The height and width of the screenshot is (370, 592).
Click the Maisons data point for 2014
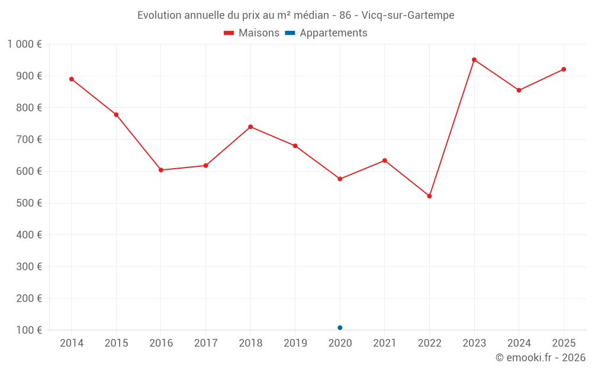(x=72, y=79)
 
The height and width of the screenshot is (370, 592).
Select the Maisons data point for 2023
(x=474, y=60)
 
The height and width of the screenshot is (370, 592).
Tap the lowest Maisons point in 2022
(x=429, y=196)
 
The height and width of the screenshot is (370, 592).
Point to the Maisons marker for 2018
(x=250, y=127)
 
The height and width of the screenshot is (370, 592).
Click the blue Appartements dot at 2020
(x=340, y=327)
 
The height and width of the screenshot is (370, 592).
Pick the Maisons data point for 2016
(x=161, y=170)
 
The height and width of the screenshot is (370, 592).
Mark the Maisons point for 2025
(x=564, y=69)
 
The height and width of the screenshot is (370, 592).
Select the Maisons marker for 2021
(x=385, y=160)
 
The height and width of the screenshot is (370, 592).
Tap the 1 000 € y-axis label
(x=24, y=44)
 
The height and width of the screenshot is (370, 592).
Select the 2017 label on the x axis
(x=205, y=343)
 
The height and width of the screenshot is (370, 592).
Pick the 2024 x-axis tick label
(x=519, y=343)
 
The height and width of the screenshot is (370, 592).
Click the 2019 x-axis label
(x=295, y=343)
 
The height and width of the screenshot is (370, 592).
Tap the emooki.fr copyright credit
(x=540, y=358)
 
